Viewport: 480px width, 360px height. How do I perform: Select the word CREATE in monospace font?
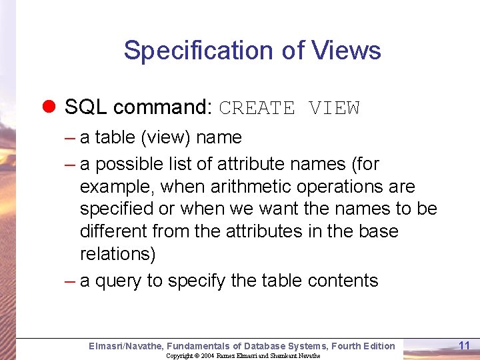[257, 108]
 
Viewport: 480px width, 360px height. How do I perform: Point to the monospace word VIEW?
[334, 108]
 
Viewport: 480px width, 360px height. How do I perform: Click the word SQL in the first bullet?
[86, 107]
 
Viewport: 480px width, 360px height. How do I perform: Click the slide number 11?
[465, 345]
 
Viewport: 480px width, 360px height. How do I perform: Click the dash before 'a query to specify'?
[70, 281]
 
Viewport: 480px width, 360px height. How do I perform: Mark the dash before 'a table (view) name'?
[70, 138]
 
